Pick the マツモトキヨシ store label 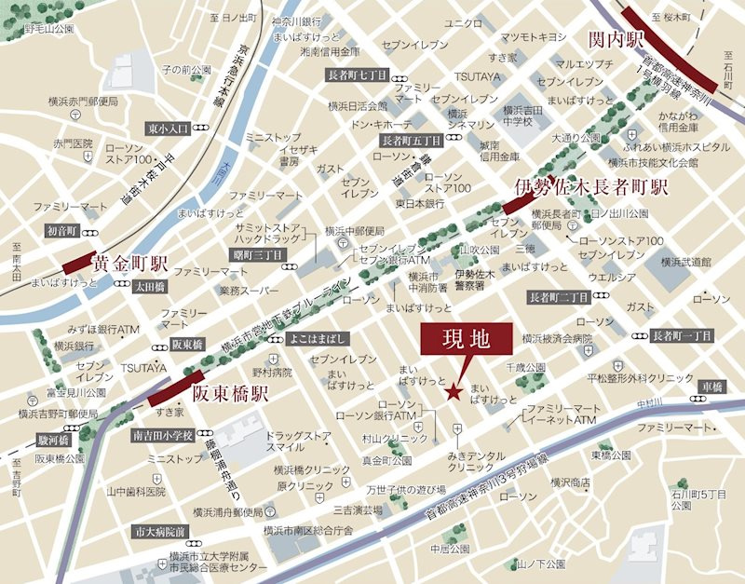pyautogui.click(x=534, y=37)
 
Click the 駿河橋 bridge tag pyautogui.click(x=50, y=438)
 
